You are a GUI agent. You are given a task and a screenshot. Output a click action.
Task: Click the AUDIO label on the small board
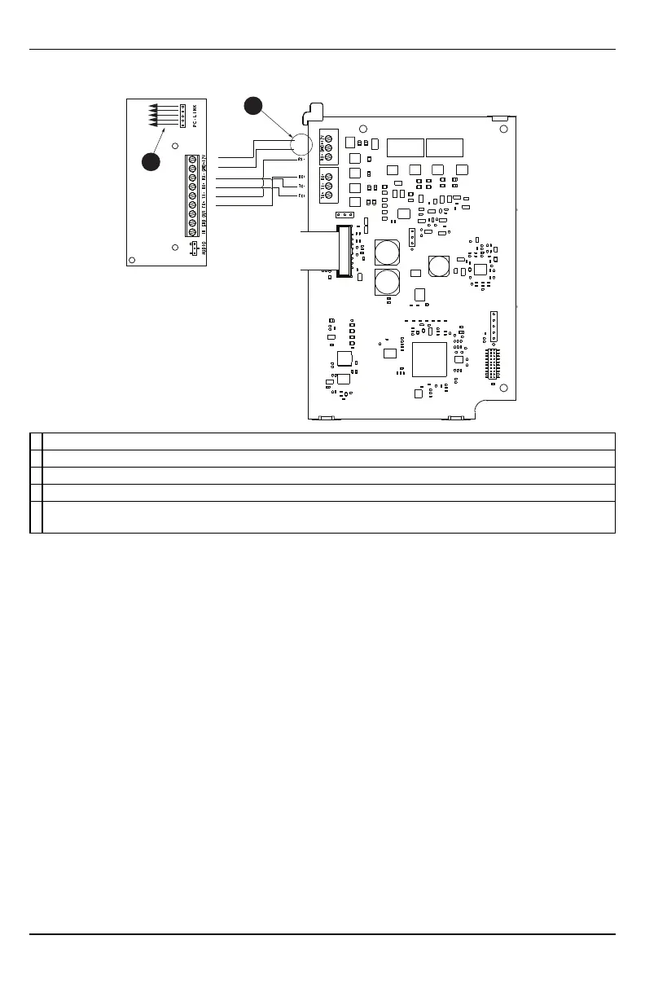click(203, 244)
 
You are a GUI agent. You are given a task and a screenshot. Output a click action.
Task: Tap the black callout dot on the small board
click(151, 160)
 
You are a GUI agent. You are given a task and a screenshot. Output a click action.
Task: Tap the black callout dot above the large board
click(254, 106)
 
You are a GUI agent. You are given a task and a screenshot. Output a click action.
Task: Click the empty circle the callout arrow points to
click(301, 145)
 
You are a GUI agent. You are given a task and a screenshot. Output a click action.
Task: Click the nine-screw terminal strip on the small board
click(192, 195)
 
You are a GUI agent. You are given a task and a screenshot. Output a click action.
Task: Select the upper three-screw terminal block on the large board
click(327, 147)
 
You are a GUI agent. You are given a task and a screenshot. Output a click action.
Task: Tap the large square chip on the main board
click(429, 359)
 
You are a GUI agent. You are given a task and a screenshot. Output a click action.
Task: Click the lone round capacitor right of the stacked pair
click(439, 266)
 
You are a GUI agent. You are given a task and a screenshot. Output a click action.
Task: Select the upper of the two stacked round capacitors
click(385, 252)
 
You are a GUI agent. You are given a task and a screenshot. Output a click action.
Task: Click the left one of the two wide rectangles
click(405, 147)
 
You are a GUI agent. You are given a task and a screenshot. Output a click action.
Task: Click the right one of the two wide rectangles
click(445, 147)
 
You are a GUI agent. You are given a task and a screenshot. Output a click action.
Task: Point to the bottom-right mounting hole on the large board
click(503, 389)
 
